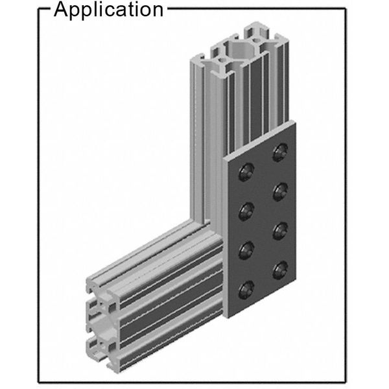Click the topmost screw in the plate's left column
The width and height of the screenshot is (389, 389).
(246, 172)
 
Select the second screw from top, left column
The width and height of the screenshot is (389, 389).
(246, 211)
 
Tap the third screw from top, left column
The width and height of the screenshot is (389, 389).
(246, 250)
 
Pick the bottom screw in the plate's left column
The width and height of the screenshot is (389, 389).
(246, 290)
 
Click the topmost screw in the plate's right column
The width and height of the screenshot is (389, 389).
(280, 152)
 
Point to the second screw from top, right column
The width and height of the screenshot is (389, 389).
(280, 192)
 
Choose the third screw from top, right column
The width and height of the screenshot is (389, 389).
(280, 231)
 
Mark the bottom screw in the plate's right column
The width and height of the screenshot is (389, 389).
(280, 270)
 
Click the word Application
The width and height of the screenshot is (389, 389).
(108, 10)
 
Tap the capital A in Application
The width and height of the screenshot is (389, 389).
(61, 9)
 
